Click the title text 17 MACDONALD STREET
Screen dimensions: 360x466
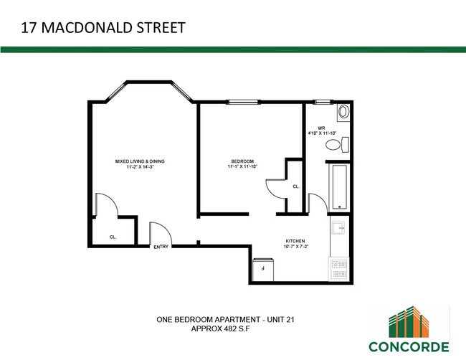click(103, 29)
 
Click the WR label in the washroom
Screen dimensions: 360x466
click(322, 127)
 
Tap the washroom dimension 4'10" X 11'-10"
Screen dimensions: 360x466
click(322, 133)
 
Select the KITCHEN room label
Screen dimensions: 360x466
click(295, 241)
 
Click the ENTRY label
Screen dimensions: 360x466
click(161, 248)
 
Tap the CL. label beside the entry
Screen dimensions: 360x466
click(113, 237)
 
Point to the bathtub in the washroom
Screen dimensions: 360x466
click(339, 187)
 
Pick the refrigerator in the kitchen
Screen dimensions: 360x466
click(264, 268)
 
